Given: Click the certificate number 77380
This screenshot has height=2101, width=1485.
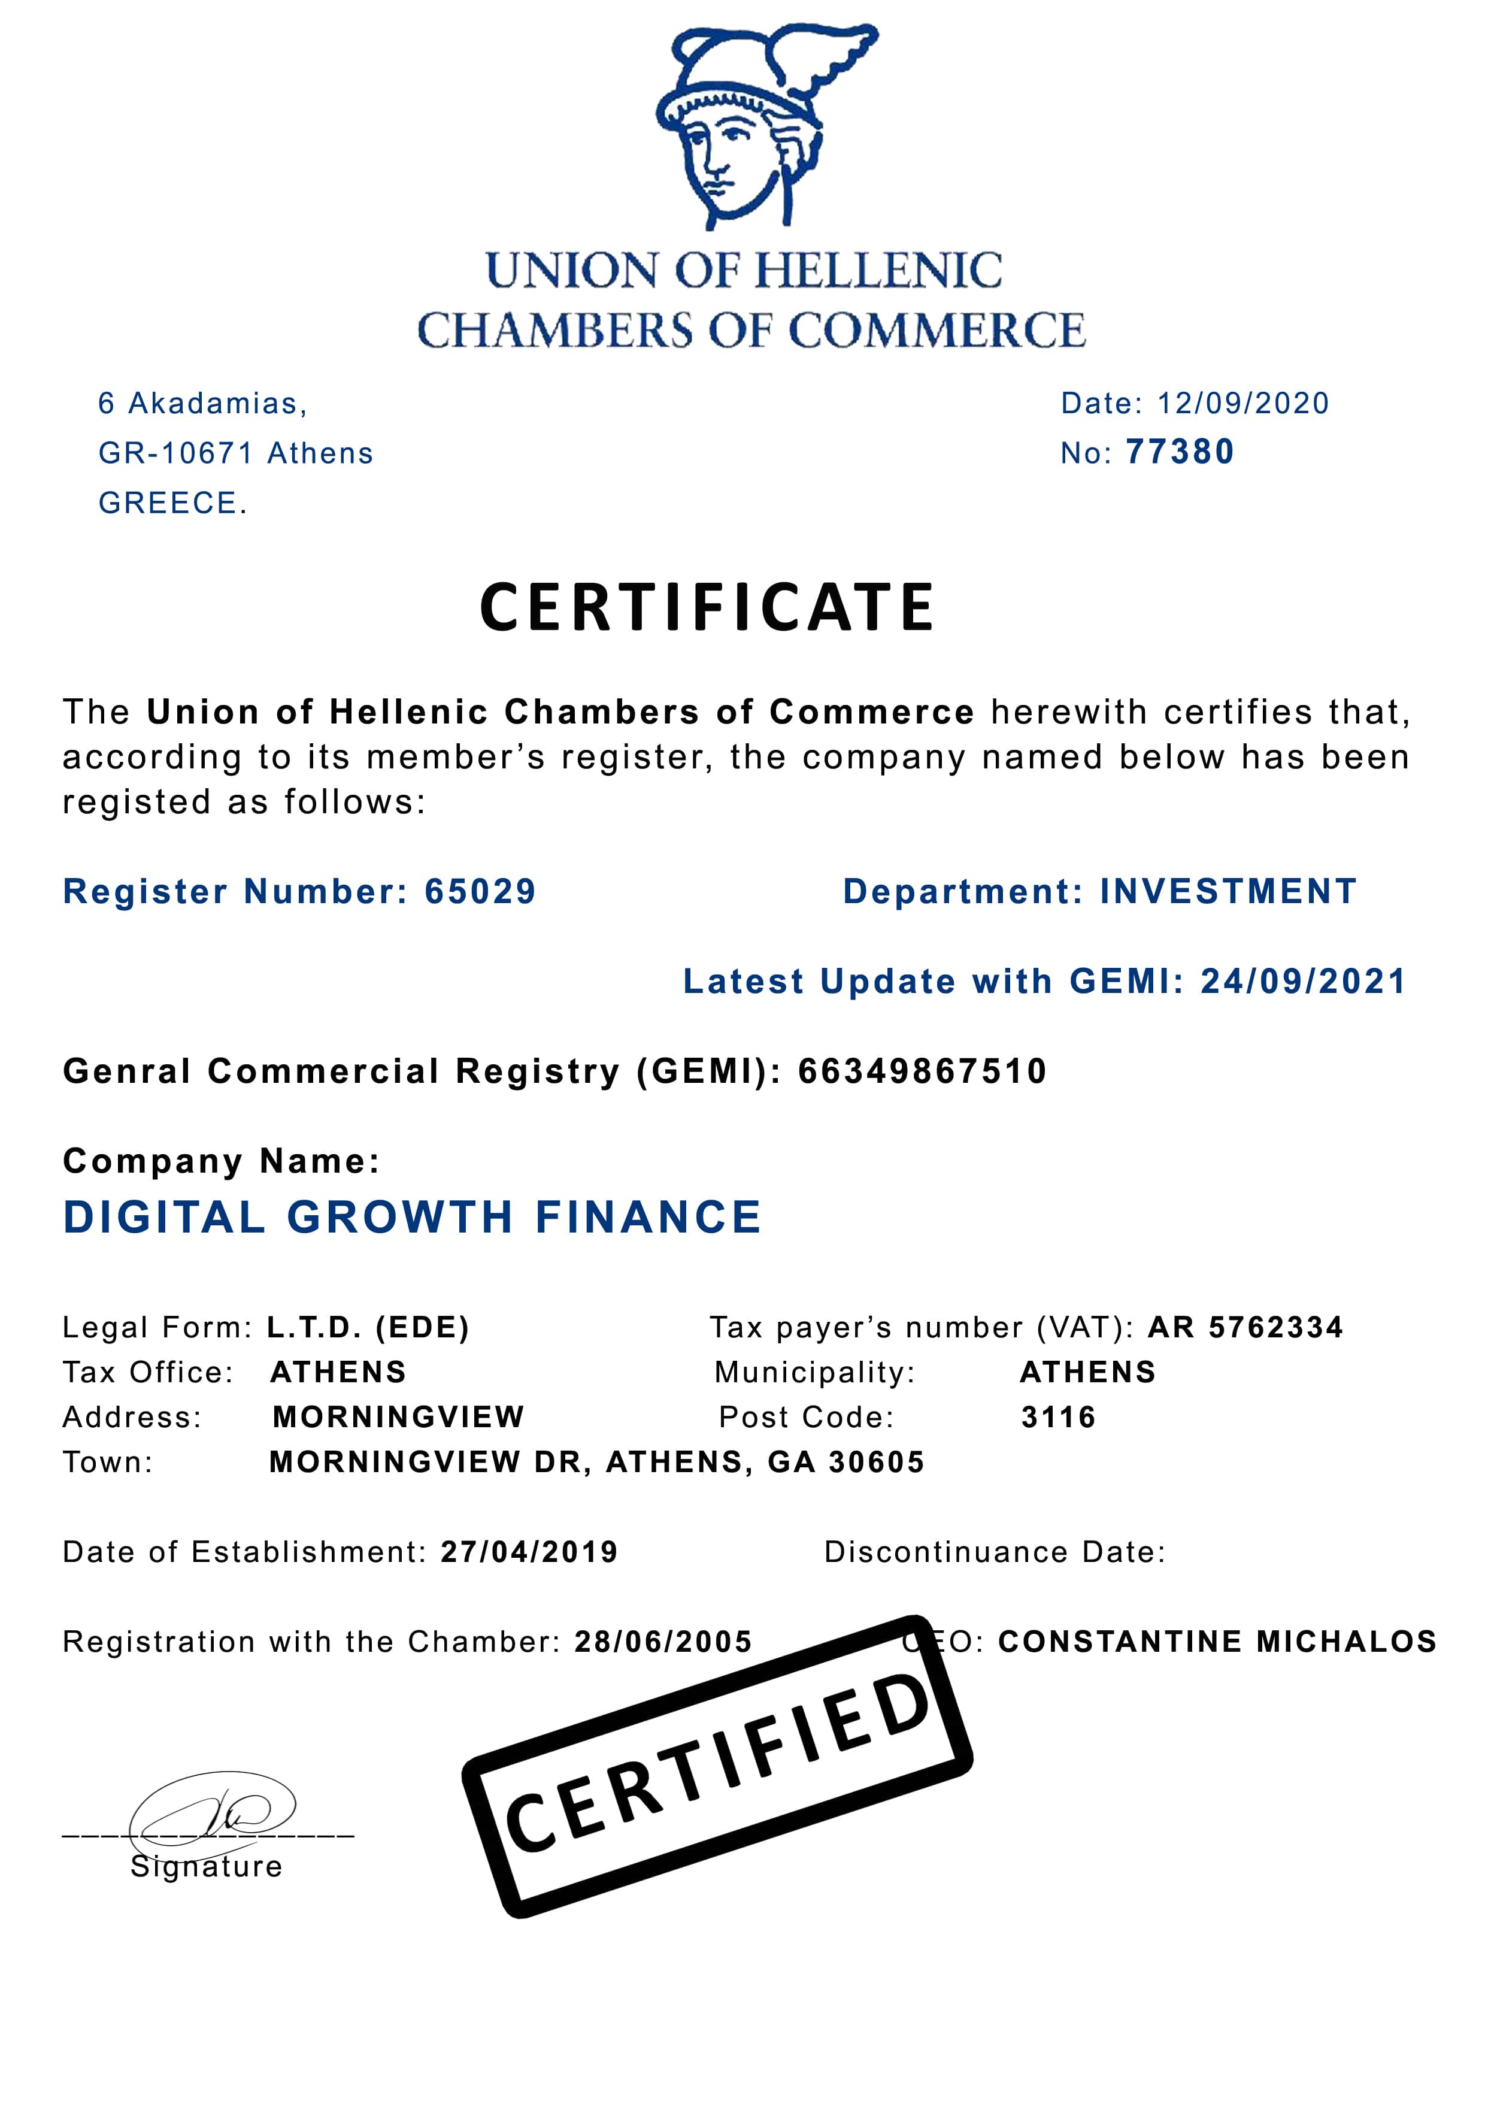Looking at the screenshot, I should pyautogui.click(x=1180, y=452).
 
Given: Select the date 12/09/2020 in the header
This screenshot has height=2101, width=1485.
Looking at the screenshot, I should pyautogui.click(x=1242, y=404).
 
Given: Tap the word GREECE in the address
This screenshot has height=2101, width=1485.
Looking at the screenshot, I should pyautogui.click(x=168, y=503).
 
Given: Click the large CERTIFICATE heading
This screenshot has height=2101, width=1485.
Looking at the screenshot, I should pyautogui.click(x=707, y=608).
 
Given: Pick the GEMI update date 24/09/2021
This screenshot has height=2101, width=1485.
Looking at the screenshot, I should pyautogui.click(x=1303, y=982).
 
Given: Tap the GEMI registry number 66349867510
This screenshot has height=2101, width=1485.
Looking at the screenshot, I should pyautogui.click(x=922, y=1071).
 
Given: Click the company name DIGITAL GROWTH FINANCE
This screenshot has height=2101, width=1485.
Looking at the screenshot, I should pyautogui.click(x=412, y=1218).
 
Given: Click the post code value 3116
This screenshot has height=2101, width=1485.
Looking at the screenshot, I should pyautogui.click(x=1057, y=1418).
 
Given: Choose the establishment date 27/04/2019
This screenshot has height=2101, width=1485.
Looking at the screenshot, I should pyautogui.click(x=529, y=1552).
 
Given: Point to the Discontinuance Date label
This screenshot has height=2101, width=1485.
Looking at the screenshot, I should pyautogui.click(x=995, y=1552).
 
